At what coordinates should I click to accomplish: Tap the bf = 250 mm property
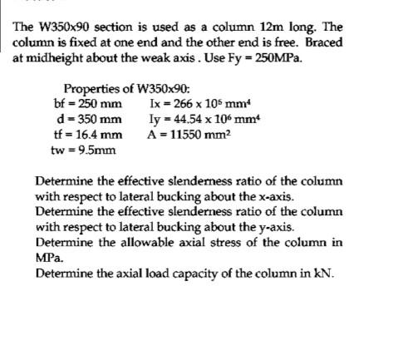coord(86,104)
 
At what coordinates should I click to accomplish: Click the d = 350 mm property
coord(86,119)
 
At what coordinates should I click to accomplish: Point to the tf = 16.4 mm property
coord(86,134)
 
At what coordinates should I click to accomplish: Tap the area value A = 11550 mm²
coord(191,134)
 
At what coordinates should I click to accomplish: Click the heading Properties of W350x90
coord(126,89)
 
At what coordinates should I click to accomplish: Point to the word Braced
coord(322,42)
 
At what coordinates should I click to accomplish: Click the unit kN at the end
coord(321,272)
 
